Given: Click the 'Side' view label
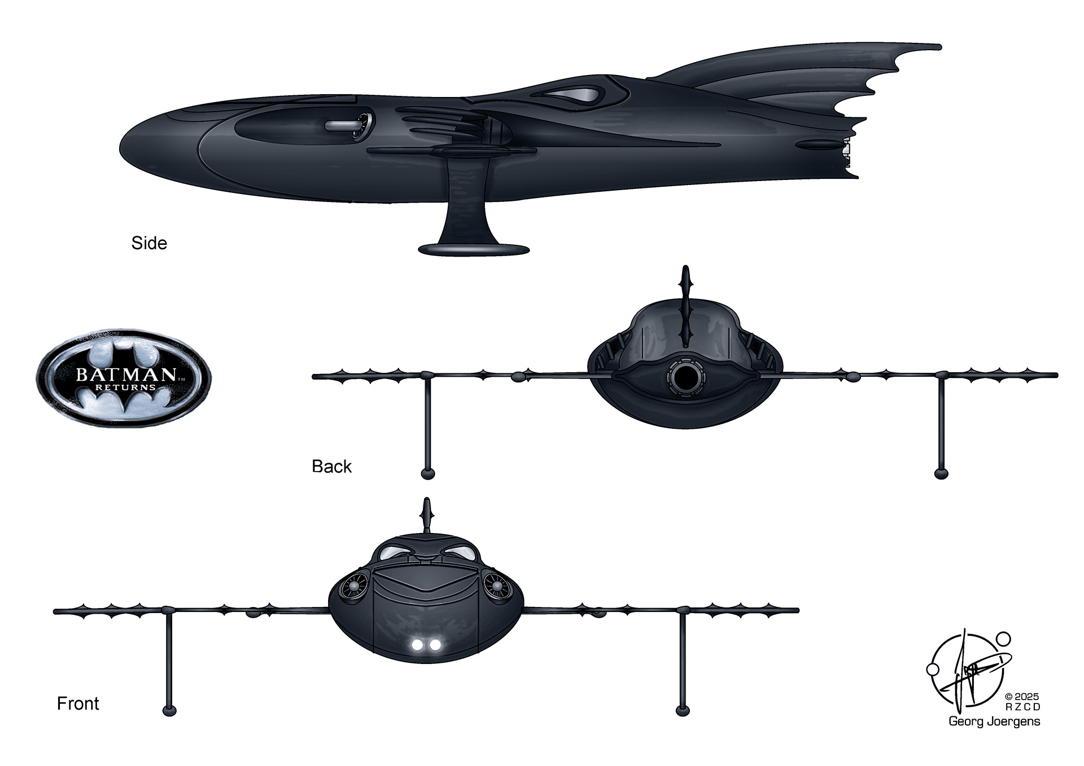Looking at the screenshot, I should click(x=149, y=243).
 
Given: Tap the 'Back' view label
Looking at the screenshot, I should click(x=331, y=466).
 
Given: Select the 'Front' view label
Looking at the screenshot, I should click(x=78, y=703).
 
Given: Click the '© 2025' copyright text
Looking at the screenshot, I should click(x=1022, y=697).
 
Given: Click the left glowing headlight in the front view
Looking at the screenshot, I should click(x=419, y=644).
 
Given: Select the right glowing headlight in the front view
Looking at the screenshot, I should click(x=435, y=644).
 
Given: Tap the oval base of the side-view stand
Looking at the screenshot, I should click(x=474, y=249).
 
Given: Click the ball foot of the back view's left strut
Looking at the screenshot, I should click(x=428, y=473).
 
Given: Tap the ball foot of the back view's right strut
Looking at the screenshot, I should click(x=941, y=473).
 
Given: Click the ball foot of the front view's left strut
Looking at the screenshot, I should click(x=169, y=710).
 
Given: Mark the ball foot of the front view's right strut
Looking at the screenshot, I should click(x=683, y=710).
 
